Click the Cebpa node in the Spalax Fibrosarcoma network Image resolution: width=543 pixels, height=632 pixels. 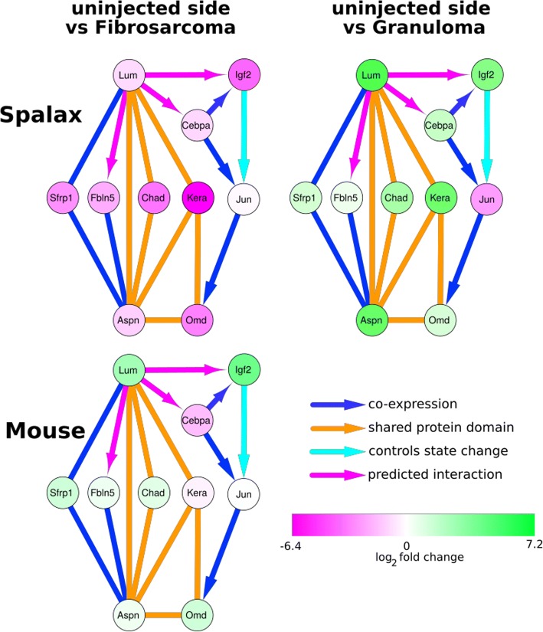coord(197,125)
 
